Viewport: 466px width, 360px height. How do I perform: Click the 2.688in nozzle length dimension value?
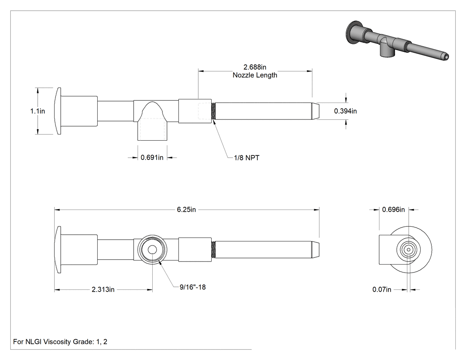[255, 67]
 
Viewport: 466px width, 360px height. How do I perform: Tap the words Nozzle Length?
[255, 75]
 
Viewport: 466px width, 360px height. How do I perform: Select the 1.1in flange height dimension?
[37, 111]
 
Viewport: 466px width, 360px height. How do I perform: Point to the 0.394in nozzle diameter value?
[345, 111]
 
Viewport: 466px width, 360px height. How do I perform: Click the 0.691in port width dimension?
[152, 158]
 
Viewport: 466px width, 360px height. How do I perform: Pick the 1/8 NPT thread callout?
[247, 158]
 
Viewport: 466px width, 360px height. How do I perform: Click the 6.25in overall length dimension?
[186, 210]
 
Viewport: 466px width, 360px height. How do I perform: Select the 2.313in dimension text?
[103, 289]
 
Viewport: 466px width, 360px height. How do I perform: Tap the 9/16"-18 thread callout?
[193, 287]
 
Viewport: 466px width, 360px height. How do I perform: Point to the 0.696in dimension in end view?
[394, 210]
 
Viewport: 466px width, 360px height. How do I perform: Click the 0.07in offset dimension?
[382, 289]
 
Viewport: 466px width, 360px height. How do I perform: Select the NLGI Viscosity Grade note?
[60, 342]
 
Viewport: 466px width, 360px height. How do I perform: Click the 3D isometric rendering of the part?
[398, 40]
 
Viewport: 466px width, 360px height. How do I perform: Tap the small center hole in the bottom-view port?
[152, 250]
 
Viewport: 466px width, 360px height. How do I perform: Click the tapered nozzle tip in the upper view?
[315, 111]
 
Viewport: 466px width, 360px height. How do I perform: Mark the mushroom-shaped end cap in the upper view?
[58, 111]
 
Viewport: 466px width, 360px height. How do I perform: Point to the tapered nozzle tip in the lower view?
[315, 250]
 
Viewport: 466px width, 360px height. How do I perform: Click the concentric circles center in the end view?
[409, 250]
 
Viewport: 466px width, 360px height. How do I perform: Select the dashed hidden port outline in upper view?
[152, 129]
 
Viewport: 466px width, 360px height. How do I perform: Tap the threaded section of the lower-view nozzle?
[213, 250]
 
